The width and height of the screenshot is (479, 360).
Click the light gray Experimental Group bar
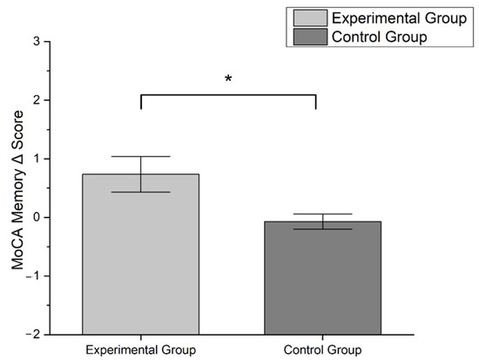pos(140,253)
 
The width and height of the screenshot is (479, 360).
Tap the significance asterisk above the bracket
pos(228,79)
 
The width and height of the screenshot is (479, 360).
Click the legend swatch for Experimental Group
pos(310,18)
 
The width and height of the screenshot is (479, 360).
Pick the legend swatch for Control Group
pos(310,37)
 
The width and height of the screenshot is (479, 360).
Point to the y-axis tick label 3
pos(36,42)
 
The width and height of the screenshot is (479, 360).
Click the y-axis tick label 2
pos(36,100)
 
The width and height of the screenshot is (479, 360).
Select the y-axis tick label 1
pos(36,159)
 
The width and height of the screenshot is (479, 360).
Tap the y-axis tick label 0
pos(36,217)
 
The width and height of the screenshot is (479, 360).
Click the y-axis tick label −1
pos(33,275)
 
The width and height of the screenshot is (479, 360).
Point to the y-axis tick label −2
pos(33,334)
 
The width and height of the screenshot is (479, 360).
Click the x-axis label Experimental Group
pos(140,350)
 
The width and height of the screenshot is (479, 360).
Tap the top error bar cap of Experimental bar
pos(140,157)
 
